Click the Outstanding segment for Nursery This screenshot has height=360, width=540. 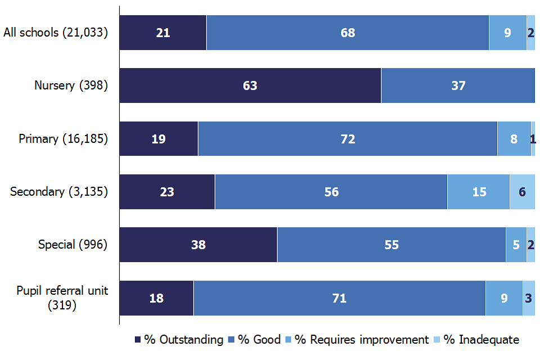pos(250,85)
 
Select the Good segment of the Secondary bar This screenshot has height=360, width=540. pos(331,192)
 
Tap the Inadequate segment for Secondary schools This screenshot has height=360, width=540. pos(522,192)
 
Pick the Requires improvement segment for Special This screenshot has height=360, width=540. pos(516,245)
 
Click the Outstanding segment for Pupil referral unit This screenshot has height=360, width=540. pos(156,298)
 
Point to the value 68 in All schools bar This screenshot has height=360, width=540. pos(348,33)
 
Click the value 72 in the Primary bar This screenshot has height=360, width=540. pos(348,139)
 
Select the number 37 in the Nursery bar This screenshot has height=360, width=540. pos(458,85)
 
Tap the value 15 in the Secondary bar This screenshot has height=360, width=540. pos(479,192)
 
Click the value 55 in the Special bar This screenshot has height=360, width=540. pos(391,245)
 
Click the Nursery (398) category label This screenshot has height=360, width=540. pos(71,85)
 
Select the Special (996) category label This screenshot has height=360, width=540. pos(73,245)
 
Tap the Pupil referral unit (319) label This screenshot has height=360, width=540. pos(62,298)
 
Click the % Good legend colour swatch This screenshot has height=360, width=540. pos(231,340)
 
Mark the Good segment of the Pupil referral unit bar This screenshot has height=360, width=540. pos(339,298)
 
